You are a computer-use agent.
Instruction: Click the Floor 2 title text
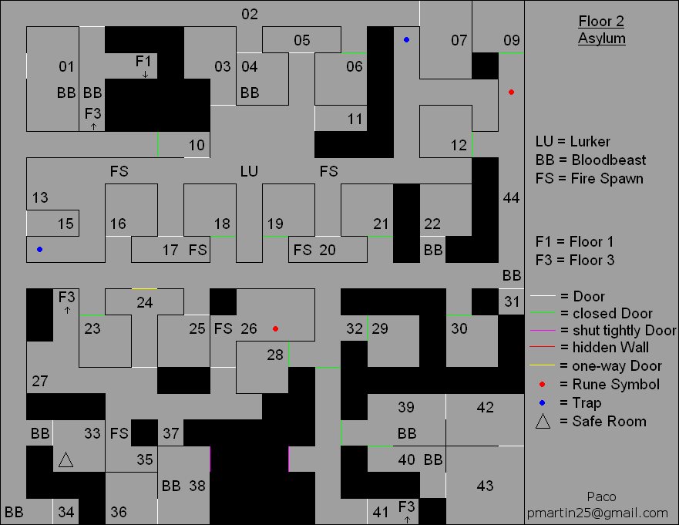pyautogui.click(x=602, y=21)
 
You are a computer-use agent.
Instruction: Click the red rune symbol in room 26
pyautogui.click(x=275, y=328)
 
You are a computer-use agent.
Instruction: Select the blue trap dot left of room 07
pyautogui.click(x=406, y=39)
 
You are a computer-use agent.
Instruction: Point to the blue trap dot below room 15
pyautogui.click(x=39, y=249)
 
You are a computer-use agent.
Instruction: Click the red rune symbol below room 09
pyautogui.click(x=511, y=93)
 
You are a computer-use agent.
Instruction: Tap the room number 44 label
pyautogui.click(x=511, y=198)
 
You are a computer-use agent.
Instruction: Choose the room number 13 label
pyautogui.click(x=40, y=198)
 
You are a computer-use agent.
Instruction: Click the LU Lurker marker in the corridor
pyautogui.click(x=249, y=171)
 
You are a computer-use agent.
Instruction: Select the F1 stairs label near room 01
pyautogui.click(x=144, y=61)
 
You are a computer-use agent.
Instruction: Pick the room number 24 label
pyautogui.click(x=144, y=302)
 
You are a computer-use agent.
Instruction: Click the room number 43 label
pyautogui.click(x=485, y=486)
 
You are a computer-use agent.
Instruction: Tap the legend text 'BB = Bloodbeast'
pyautogui.click(x=590, y=160)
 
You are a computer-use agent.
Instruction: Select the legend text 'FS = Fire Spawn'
pyautogui.click(x=590, y=179)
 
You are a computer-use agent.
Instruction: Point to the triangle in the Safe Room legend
pyautogui.click(x=544, y=421)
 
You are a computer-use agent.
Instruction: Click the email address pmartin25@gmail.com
pyautogui.click(x=597, y=513)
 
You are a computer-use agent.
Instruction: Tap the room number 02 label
pyautogui.click(x=249, y=14)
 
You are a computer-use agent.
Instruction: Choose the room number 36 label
pyautogui.click(x=119, y=511)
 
